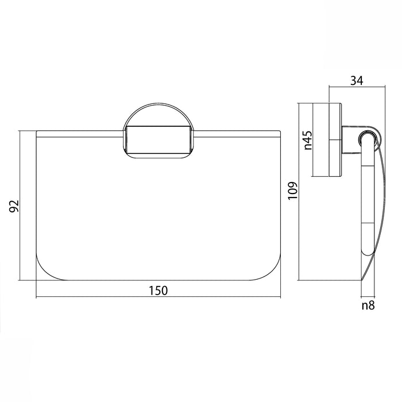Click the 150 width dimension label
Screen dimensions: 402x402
pos(158,291)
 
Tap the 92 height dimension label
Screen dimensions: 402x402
pos(14,206)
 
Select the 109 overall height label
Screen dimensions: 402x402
pos(292,191)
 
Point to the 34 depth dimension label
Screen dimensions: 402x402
pos(357,81)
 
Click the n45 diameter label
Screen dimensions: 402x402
pos(308,140)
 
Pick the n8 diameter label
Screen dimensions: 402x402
pos(368,306)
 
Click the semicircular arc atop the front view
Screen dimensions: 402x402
pos(158,103)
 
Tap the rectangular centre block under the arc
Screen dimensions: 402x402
pos(158,140)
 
